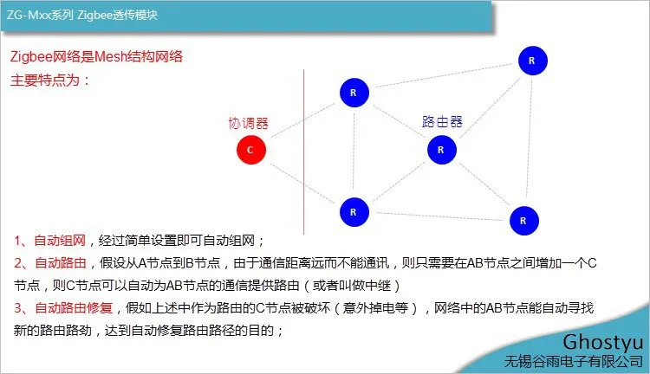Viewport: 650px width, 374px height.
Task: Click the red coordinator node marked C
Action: pos(251,150)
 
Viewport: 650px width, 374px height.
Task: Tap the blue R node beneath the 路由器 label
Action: pos(442,150)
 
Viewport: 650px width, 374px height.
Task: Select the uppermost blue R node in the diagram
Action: pos(533,61)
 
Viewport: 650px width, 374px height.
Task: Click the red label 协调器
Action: pos(249,124)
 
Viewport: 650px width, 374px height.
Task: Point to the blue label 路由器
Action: pos(442,122)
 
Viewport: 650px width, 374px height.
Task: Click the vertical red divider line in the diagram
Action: pos(304,152)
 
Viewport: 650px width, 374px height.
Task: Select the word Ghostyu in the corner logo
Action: pos(602,343)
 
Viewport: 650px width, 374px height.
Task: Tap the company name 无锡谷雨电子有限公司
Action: pos(574,362)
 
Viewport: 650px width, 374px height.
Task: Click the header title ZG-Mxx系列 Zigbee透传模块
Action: pos(82,16)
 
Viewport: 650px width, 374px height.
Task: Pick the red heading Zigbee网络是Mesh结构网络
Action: pos(96,57)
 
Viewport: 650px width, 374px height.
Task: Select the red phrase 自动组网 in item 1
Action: pos(60,241)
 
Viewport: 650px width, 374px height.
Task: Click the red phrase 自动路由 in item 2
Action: pos(61,263)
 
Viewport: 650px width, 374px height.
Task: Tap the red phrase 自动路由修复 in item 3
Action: pos(74,307)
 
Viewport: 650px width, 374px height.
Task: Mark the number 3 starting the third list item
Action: pos(18,308)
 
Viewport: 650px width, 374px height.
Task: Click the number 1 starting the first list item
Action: pos(18,241)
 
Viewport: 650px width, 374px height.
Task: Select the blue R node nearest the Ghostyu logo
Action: pos(524,221)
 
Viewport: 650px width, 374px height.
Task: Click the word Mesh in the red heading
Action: pos(110,57)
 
